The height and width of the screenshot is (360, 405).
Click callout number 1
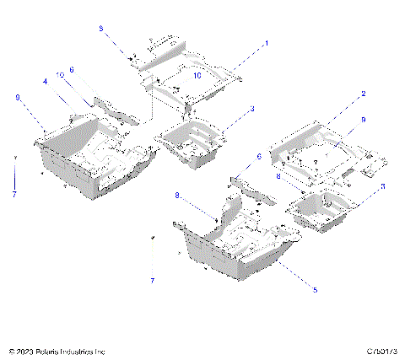pyautogui.click(x=267, y=41)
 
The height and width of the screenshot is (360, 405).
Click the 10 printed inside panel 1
pyautogui.click(x=196, y=75)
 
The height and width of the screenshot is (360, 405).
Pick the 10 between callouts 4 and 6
pyautogui.click(x=60, y=75)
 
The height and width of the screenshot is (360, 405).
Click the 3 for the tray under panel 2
pyautogui.click(x=384, y=186)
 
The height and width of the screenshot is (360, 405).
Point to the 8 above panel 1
pyautogui.click(x=101, y=29)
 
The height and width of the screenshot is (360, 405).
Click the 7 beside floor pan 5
pyautogui.click(x=152, y=278)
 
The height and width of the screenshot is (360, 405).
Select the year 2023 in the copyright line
pyautogui.click(x=27, y=350)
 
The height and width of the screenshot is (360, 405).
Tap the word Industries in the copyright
pyautogui.click(x=85, y=350)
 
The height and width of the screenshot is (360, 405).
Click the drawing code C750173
pyautogui.click(x=381, y=350)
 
